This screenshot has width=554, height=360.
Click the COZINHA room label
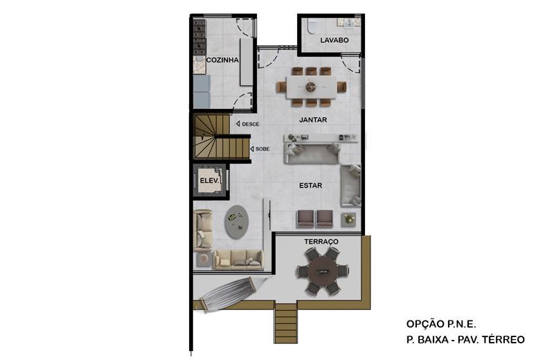[222, 60]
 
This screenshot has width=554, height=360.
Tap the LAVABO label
[334, 40]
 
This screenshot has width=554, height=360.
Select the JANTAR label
[313, 119]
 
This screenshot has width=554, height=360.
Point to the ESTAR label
[310, 185]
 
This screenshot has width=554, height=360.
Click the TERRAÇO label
[321, 242]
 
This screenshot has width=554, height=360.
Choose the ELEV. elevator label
[210, 180]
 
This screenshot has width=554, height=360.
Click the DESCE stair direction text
[251, 124]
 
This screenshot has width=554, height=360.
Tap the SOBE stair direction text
[262, 149]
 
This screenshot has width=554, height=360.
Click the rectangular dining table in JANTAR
[311, 87]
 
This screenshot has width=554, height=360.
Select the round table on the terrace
[323, 271]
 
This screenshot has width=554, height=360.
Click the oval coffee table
[236, 222]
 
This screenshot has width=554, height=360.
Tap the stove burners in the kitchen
[199, 37]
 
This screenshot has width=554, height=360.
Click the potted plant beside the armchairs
[349, 219]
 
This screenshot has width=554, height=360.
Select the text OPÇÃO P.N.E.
[441, 324]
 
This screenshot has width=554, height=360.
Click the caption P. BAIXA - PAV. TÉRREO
[465, 340]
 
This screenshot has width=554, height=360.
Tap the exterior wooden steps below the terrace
[285, 323]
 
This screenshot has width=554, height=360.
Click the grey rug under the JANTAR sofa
[312, 155]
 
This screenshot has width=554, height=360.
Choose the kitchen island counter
[247, 62]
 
